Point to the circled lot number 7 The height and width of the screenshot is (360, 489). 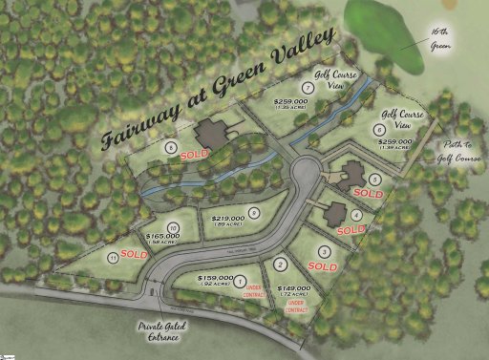pos(308,88)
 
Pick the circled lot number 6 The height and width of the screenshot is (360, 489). pos(380,130)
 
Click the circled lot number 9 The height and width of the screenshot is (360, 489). pos(253,213)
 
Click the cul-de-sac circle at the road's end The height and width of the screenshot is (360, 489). pos(306,175)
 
